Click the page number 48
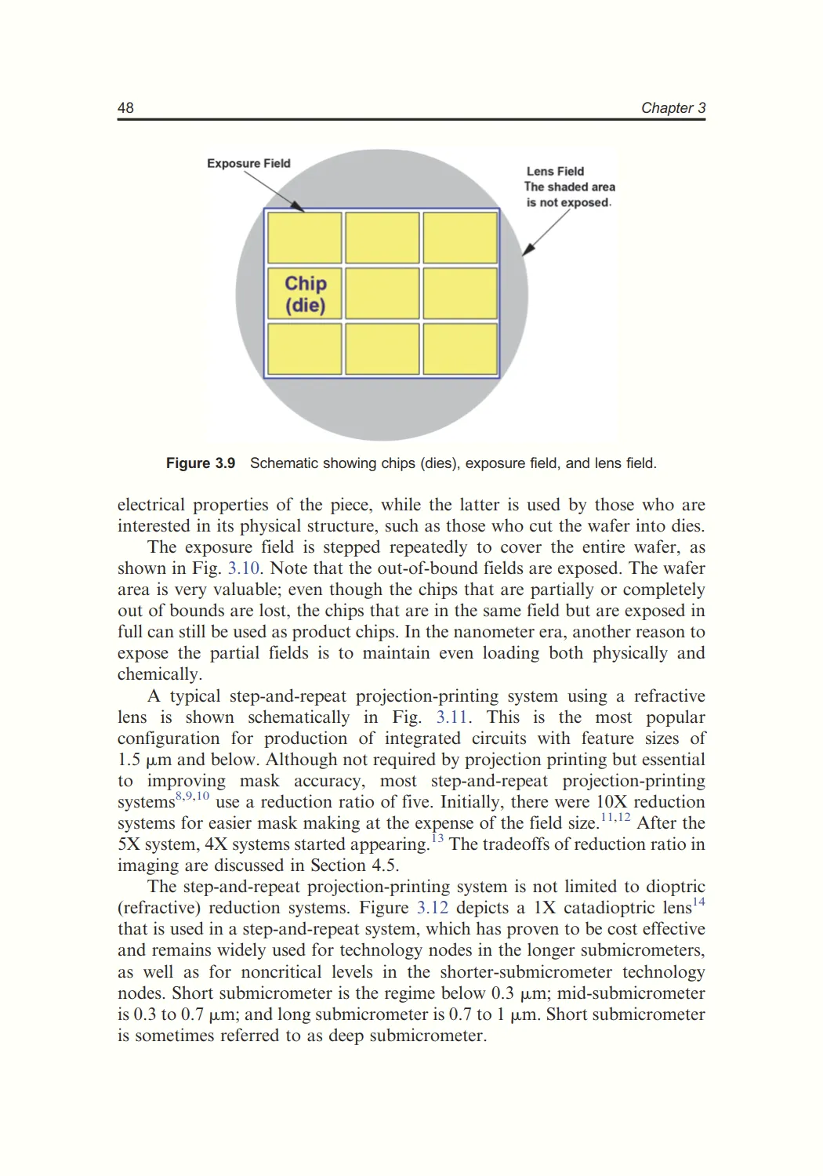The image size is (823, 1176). [125, 108]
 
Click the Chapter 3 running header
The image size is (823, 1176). [673, 108]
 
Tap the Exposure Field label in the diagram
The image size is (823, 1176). [248, 163]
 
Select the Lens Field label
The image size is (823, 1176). [555, 171]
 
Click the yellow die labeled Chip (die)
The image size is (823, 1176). [305, 294]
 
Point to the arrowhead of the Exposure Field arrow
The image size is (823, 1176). [300, 208]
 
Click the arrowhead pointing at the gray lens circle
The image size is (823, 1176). [527, 250]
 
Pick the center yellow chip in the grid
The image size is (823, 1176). [382, 294]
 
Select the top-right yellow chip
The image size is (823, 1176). [460, 238]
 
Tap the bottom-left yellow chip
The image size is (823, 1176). [305, 350]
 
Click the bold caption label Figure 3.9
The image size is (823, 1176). [201, 463]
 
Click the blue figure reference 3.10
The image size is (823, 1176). [243, 568]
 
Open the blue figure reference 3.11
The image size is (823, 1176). [452, 717]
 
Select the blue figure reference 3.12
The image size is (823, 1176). [432, 908]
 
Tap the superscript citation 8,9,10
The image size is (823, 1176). [193, 797]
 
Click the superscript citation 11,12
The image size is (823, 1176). [615, 818]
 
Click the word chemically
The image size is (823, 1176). [159, 674]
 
